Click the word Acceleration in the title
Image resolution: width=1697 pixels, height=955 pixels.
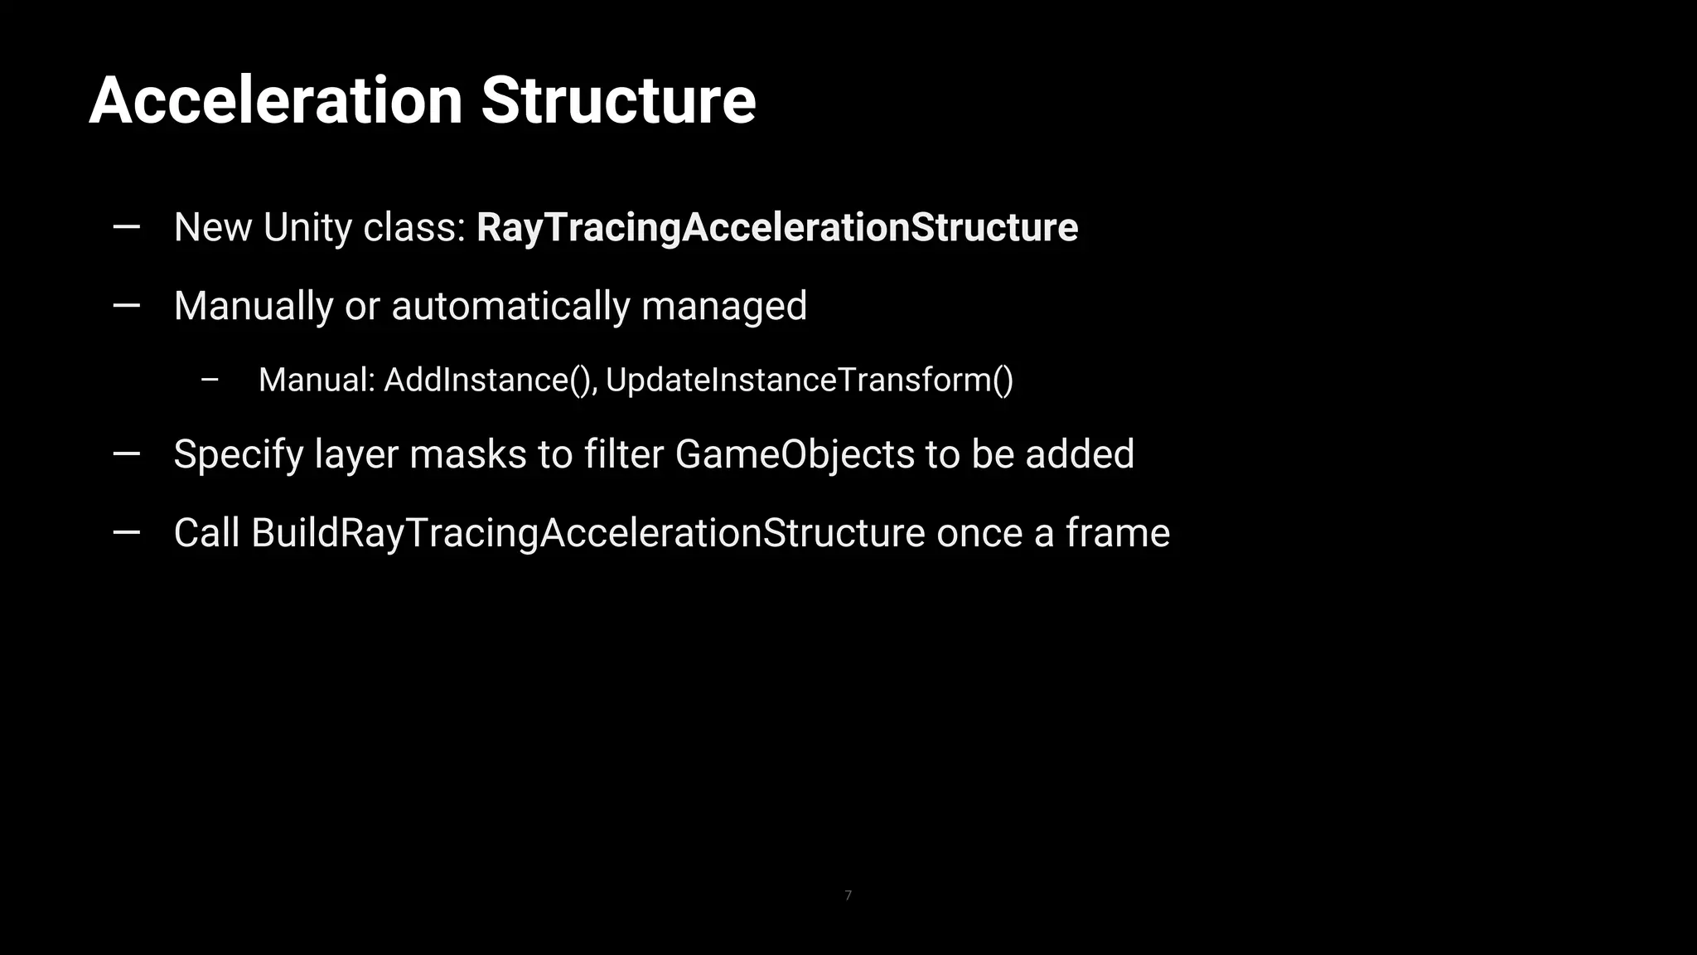click(x=275, y=101)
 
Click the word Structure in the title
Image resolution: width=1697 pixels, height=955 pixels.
click(x=618, y=101)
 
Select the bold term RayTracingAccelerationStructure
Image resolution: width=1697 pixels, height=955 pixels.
click(x=777, y=228)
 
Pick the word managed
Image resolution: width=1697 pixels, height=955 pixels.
click(x=724, y=306)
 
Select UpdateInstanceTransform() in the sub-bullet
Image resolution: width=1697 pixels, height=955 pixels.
click(x=810, y=381)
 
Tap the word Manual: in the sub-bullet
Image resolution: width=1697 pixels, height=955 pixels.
click(x=317, y=381)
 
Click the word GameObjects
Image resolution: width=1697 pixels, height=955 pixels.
click(x=795, y=454)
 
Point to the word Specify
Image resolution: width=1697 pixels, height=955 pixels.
click(x=239, y=455)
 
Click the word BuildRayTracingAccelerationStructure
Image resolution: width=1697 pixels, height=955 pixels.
click(x=587, y=533)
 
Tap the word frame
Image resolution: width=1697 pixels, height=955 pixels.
click(x=1118, y=533)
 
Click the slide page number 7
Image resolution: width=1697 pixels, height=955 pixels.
click(x=848, y=895)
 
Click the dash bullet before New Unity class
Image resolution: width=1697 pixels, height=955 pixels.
click(x=126, y=226)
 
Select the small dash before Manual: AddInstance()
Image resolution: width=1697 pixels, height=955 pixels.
click(x=210, y=381)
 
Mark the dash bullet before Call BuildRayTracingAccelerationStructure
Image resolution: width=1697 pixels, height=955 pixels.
click(x=126, y=533)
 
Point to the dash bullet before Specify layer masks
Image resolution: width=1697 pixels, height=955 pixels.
click(x=126, y=453)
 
